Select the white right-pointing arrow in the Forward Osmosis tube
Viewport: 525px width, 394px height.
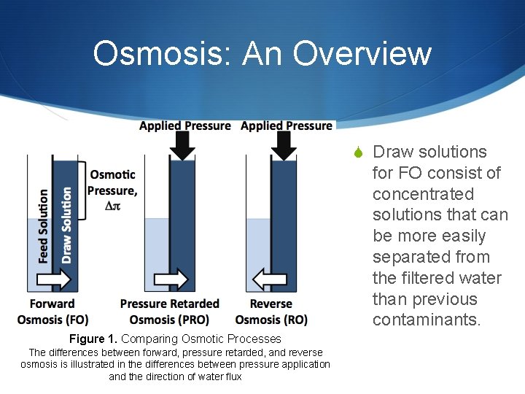coord(55,279)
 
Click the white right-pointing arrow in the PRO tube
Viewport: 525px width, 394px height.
coord(171,279)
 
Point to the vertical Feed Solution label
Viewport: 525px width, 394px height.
coord(43,225)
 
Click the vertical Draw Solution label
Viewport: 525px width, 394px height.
coord(66,225)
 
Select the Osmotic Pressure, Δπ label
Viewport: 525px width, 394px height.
coord(112,190)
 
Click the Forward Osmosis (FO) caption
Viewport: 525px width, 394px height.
coord(52,312)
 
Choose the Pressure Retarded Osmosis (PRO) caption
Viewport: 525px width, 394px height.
coord(169,312)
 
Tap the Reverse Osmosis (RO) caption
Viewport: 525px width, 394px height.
coord(271,312)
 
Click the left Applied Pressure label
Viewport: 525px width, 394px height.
coord(185,126)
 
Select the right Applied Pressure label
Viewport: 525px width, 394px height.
coord(287,126)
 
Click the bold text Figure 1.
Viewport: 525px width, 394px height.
coord(93,339)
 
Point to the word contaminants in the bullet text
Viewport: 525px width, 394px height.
coord(426,320)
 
